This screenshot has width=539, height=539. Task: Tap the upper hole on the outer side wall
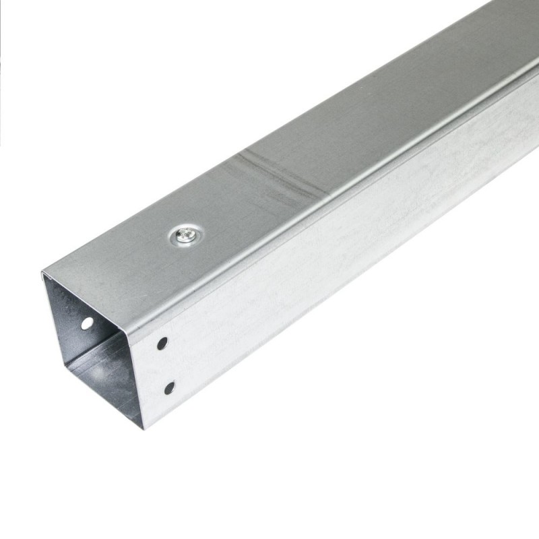(162, 344)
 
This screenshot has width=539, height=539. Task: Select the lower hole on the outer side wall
(169, 387)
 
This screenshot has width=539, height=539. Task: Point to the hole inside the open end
(87, 323)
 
